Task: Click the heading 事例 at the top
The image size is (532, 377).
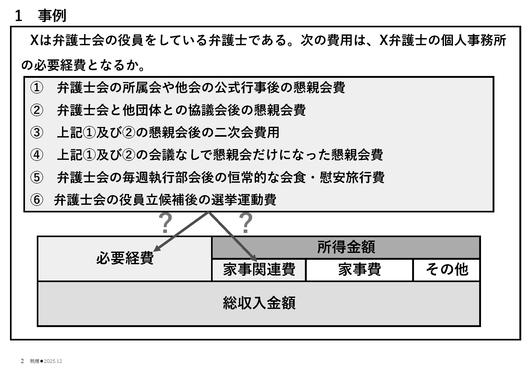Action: point(52,16)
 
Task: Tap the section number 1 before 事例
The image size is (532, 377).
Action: point(18,16)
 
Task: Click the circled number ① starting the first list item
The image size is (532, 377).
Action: point(37,88)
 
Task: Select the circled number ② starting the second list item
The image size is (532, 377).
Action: point(37,110)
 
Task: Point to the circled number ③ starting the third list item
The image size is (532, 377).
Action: point(37,132)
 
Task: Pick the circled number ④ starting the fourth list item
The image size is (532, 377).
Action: point(37,155)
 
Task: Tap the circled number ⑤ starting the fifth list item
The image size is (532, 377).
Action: point(37,177)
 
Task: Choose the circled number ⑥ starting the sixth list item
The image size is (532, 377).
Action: point(37,200)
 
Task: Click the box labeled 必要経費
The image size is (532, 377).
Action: point(125,258)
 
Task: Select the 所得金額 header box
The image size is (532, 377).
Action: point(346,247)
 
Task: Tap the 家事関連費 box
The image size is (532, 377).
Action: point(259,270)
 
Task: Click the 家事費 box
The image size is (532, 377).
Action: point(359,270)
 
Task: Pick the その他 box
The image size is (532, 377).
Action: point(447,270)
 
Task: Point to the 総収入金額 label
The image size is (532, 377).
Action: point(259,303)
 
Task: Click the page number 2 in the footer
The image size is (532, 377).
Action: point(22,361)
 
